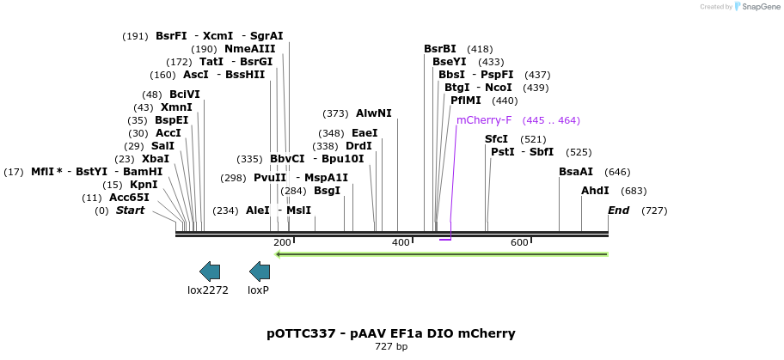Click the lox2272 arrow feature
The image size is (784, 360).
pyautogui.click(x=209, y=272)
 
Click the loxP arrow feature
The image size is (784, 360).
pyautogui.click(x=259, y=272)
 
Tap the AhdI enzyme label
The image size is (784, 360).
pyautogui.click(x=595, y=191)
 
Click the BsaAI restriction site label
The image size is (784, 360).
pyautogui.click(x=576, y=172)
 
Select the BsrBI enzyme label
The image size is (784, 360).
pyautogui.click(x=440, y=49)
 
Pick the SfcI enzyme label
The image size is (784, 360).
pyautogui.click(x=496, y=139)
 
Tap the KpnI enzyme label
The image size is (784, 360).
pyautogui.click(x=144, y=185)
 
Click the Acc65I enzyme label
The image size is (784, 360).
pyautogui.click(x=129, y=198)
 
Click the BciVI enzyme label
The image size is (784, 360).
pyautogui.click(x=184, y=95)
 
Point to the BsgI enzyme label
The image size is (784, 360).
pyautogui.click(x=327, y=191)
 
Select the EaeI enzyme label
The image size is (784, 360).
pyautogui.click(x=364, y=133)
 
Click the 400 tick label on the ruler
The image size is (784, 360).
pyautogui.click(x=401, y=243)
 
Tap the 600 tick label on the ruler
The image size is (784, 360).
pyautogui.click(x=519, y=243)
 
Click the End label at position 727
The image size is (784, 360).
pyautogui.click(x=618, y=211)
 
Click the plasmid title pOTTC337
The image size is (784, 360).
pyautogui.click(x=391, y=333)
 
